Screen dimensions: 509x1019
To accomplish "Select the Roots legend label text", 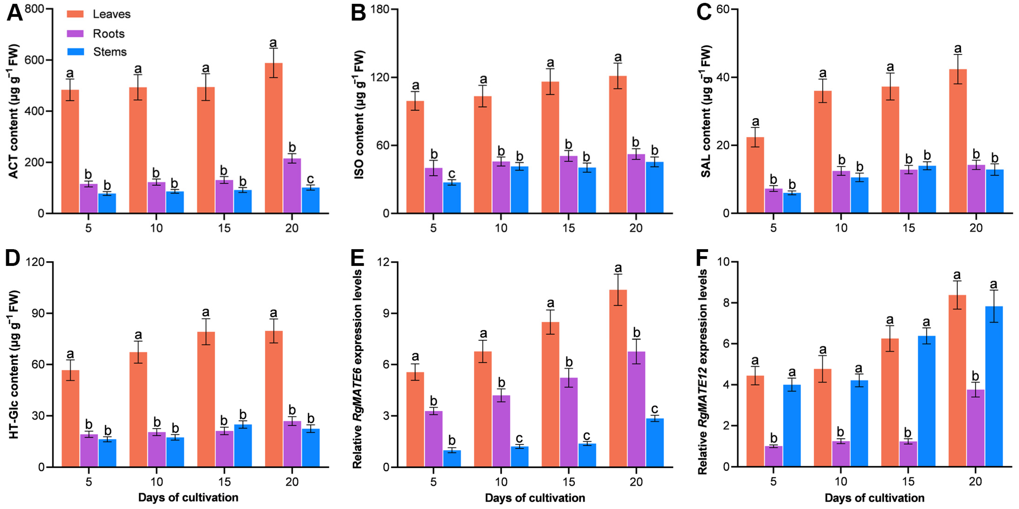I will (108, 34).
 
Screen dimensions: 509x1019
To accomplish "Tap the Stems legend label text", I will (110, 52).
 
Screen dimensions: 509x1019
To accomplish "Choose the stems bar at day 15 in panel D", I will (243, 446).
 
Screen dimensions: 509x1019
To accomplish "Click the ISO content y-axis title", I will (359, 115).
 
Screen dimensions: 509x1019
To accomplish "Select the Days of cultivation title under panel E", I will (535, 498).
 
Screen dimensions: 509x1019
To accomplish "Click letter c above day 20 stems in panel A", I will (311, 179).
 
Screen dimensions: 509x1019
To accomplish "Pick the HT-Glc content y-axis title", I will (14, 365).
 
